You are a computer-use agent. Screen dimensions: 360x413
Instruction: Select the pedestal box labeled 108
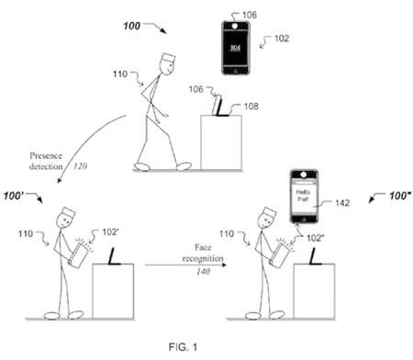(x=220, y=141)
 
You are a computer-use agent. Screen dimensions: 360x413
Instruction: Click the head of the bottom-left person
(x=66, y=219)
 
